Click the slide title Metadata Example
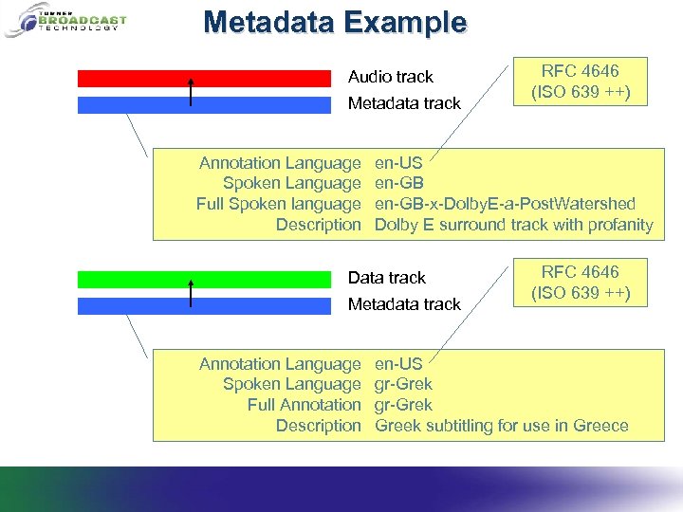[x=335, y=22]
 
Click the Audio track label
[x=390, y=77]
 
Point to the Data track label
[x=386, y=278]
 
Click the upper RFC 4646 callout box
[x=580, y=82]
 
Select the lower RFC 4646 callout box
[x=580, y=283]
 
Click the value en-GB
[x=399, y=183]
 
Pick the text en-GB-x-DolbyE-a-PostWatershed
[x=505, y=204]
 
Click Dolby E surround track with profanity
[x=513, y=225]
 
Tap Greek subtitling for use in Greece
[x=501, y=426]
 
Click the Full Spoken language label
[x=278, y=204]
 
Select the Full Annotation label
[x=304, y=405]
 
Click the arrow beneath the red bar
[x=191, y=92]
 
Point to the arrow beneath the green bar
[x=191, y=293]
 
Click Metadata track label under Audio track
[x=404, y=103]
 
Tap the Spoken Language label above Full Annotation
[x=291, y=384]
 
